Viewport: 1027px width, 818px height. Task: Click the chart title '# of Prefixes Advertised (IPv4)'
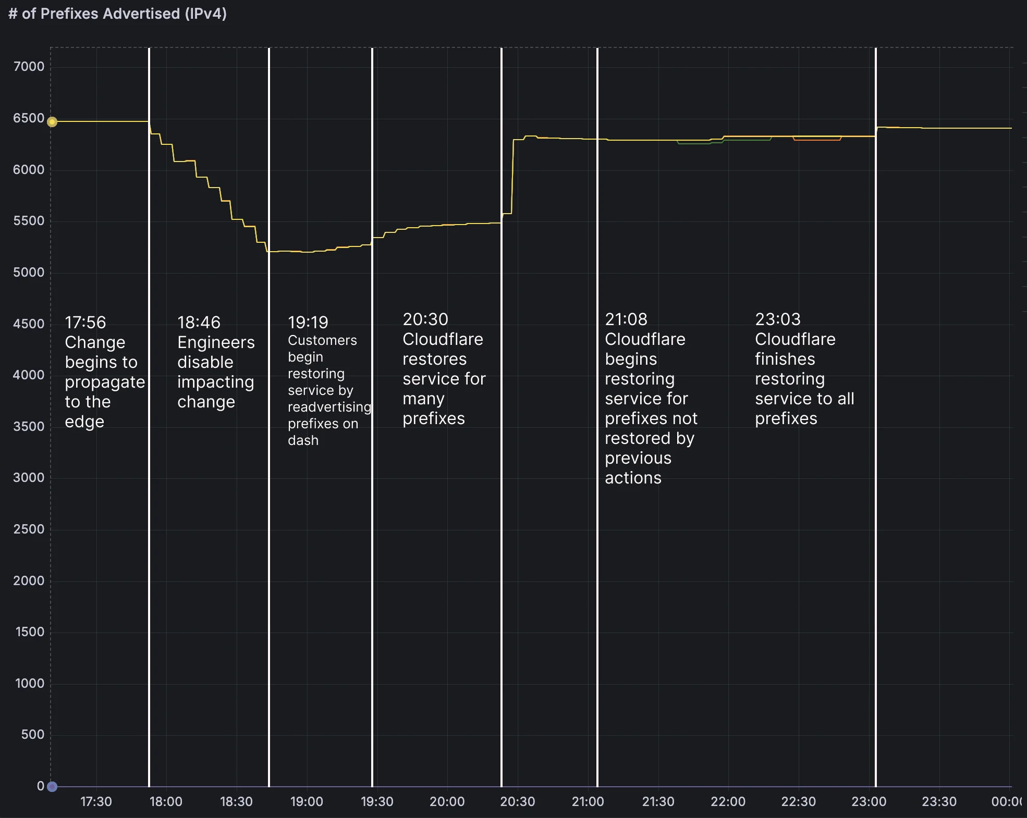click(x=118, y=14)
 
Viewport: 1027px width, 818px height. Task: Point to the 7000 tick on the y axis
click(x=29, y=67)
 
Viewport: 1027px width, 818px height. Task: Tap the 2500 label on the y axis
click(x=29, y=529)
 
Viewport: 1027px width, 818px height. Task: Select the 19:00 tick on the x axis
click(x=307, y=802)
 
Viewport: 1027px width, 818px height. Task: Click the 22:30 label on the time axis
click(x=798, y=802)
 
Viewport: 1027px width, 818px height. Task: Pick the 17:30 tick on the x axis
click(x=96, y=802)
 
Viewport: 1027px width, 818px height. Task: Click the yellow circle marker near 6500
click(x=52, y=122)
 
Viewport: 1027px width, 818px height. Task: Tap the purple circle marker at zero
click(x=52, y=787)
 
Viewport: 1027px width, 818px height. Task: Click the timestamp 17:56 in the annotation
click(x=85, y=323)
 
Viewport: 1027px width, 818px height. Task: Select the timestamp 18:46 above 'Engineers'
click(x=199, y=323)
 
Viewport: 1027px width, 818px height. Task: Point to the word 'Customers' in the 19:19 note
click(x=322, y=341)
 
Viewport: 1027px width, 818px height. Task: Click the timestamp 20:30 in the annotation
click(x=425, y=319)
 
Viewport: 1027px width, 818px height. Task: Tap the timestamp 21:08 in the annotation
click(x=626, y=319)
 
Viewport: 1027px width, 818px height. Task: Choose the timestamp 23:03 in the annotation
click(x=778, y=319)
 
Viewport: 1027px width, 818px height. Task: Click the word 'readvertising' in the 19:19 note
click(x=329, y=407)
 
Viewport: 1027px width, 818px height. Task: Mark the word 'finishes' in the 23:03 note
click(x=785, y=360)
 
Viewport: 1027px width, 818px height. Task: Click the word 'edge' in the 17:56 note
click(x=84, y=422)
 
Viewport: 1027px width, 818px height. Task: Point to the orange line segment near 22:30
click(x=817, y=140)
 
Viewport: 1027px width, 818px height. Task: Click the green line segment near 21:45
click(x=693, y=143)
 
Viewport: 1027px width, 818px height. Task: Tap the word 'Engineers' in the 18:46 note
click(x=216, y=343)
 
